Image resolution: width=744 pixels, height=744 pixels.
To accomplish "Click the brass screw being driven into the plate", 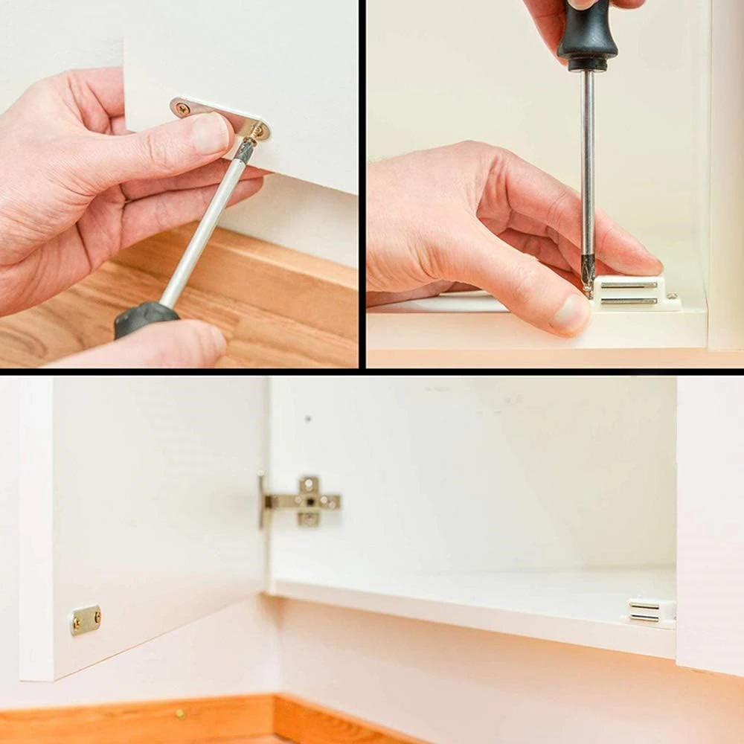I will tap(257, 132).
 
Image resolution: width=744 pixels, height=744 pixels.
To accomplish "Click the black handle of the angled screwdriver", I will tap(146, 318).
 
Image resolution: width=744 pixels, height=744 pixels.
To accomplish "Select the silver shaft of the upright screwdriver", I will tap(587, 171).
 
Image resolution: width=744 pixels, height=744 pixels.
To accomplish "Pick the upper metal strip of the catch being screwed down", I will tap(629, 285).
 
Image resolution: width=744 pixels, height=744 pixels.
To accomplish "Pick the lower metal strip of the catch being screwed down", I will tap(629, 301).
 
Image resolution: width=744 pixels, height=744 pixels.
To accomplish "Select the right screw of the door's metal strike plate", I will tap(96, 615).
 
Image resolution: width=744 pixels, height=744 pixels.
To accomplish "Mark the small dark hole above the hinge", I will tap(308, 419).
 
